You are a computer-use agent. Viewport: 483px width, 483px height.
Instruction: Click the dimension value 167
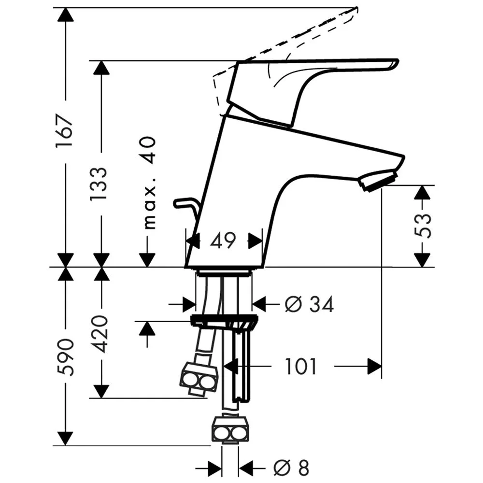64,131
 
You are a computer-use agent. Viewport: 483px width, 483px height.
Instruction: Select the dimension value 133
99,184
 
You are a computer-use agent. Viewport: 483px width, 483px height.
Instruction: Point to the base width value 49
223,241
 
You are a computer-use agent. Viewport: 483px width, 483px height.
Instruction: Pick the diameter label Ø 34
309,304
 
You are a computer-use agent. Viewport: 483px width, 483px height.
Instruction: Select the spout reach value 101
301,366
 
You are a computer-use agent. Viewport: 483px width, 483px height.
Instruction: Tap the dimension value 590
66,357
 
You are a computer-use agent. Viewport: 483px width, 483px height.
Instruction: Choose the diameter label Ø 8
291,468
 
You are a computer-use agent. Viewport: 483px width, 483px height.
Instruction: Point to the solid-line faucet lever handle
311,90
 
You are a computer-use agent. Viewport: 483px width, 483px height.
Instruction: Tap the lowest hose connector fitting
229,430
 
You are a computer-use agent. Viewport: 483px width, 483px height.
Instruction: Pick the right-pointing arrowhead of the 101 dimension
375,366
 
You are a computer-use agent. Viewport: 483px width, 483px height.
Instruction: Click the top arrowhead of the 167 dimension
66,14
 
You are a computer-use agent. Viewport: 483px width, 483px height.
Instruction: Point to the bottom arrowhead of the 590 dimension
66,439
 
